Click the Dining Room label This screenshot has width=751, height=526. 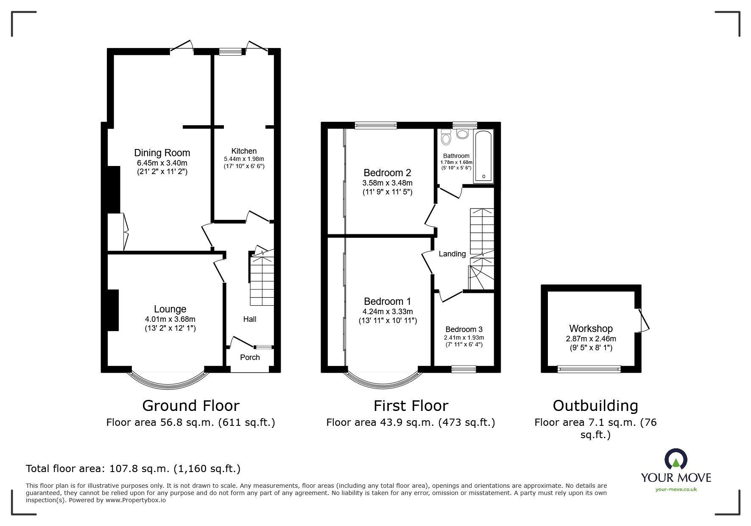162,153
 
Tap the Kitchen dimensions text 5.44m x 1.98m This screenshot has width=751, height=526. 244,159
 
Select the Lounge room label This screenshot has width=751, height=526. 170,309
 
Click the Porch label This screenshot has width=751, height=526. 250,357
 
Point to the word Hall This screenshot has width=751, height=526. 249,319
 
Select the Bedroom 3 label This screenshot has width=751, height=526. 464,329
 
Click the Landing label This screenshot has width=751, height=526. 452,254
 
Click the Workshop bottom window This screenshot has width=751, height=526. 589,369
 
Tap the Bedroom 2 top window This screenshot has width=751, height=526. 376,125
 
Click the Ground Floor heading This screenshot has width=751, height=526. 190,406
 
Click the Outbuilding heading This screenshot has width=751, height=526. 595,406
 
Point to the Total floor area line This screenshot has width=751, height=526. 133,469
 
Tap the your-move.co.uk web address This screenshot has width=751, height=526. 676,489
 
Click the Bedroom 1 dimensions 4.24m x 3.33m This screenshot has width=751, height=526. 388,312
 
